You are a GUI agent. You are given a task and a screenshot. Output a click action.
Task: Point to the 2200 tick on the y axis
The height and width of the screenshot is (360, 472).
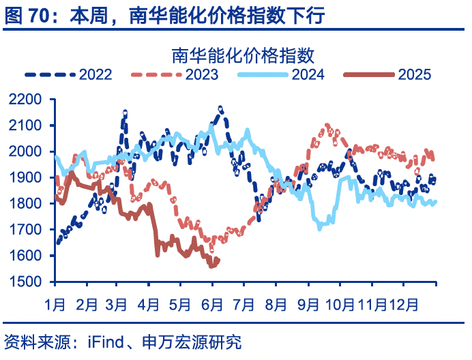(27, 100)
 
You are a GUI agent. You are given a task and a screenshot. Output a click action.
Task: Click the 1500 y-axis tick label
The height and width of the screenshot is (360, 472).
(27, 282)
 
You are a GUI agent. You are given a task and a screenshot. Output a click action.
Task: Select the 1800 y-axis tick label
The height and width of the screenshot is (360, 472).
(27, 204)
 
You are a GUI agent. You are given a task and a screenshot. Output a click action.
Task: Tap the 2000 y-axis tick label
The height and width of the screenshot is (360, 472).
(27, 152)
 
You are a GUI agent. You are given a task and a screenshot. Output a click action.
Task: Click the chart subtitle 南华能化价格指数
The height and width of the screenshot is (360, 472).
(242, 55)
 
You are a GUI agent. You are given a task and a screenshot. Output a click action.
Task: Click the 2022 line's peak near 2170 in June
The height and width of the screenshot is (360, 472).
(220, 108)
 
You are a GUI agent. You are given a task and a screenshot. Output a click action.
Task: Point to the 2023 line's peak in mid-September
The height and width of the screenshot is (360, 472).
(327, 125)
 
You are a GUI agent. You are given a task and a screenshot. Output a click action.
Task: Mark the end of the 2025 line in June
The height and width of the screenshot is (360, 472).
(217, 260)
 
